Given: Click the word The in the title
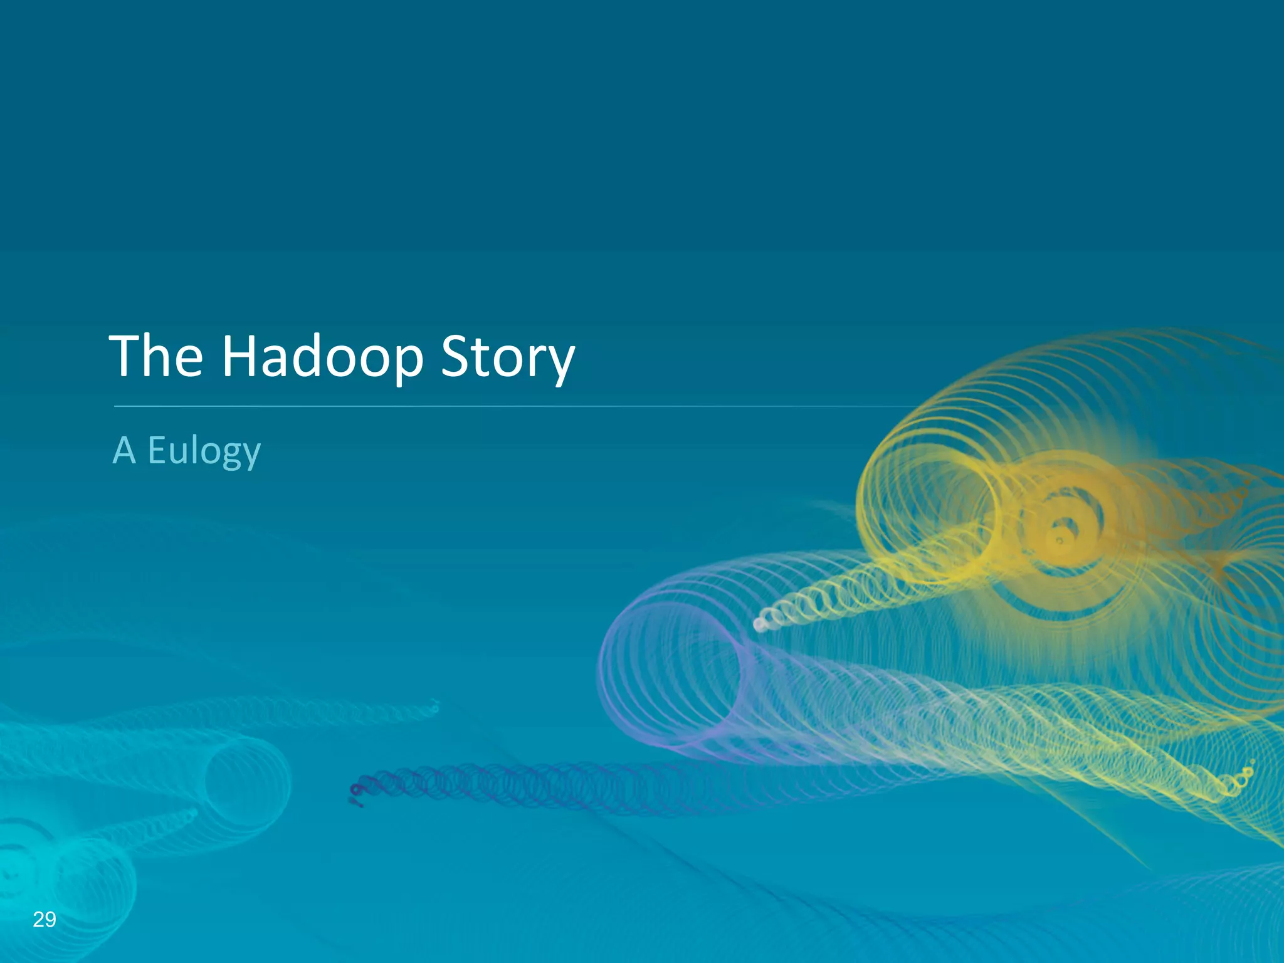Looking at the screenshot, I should [156, 355].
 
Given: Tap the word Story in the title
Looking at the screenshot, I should [507, 357].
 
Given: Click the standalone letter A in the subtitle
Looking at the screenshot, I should [124, 450].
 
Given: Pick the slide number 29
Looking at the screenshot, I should [45, 919].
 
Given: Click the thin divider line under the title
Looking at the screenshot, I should [502, 406].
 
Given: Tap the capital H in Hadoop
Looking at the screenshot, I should [241, 355].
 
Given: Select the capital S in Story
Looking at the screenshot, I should [456, 355].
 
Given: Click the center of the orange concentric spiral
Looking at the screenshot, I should [1060, 539].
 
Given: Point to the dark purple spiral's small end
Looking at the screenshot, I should [356, 794].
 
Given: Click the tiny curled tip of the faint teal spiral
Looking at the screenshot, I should [434, 707].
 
